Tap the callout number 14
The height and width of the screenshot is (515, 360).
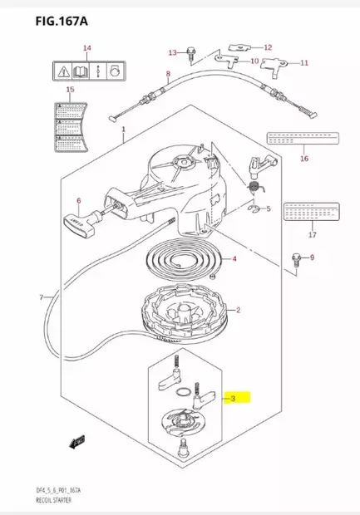tap(86, 49)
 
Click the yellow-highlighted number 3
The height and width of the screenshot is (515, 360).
tap(235, 399)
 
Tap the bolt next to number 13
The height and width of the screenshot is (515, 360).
tap(191, 55)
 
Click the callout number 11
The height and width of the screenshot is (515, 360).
tap(303, 63)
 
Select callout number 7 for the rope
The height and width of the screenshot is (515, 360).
tap(41, 297)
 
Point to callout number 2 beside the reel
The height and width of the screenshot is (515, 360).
tap(239, 311)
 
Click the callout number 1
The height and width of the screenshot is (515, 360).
tap(123, 130)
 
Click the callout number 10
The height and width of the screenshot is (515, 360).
tap(254, 61)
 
